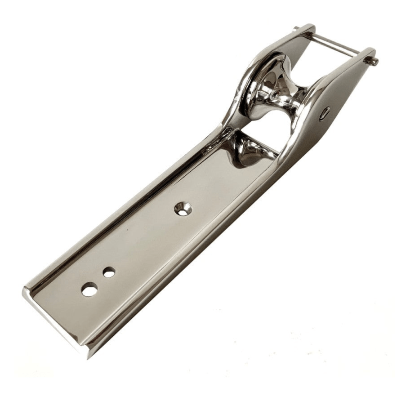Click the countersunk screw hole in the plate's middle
point(183,209)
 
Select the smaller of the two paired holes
point(109,272)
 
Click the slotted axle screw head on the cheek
point(324,113)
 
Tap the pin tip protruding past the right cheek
point(373,61)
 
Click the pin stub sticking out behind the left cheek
point(295,30)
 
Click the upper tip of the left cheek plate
point(309,27)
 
